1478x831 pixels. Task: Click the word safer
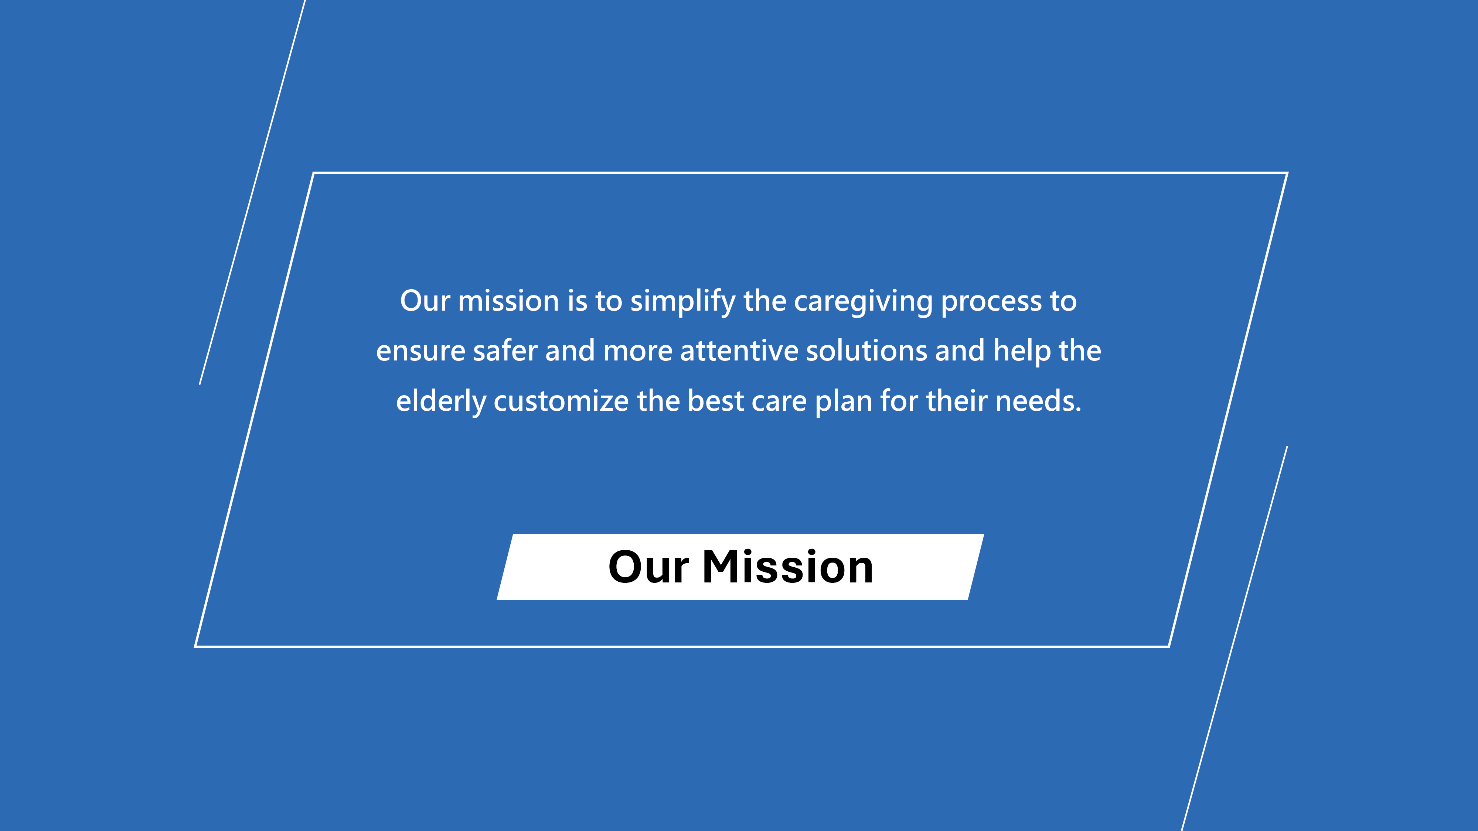pyautogui.click(x=505, y=350)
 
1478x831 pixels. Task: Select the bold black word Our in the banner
pyautogui.click(x=648, y=567)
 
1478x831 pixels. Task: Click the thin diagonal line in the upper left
pyautogui.click(x=252, y=192)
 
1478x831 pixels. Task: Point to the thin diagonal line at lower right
pyautogui.click(x=1235, y=638)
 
